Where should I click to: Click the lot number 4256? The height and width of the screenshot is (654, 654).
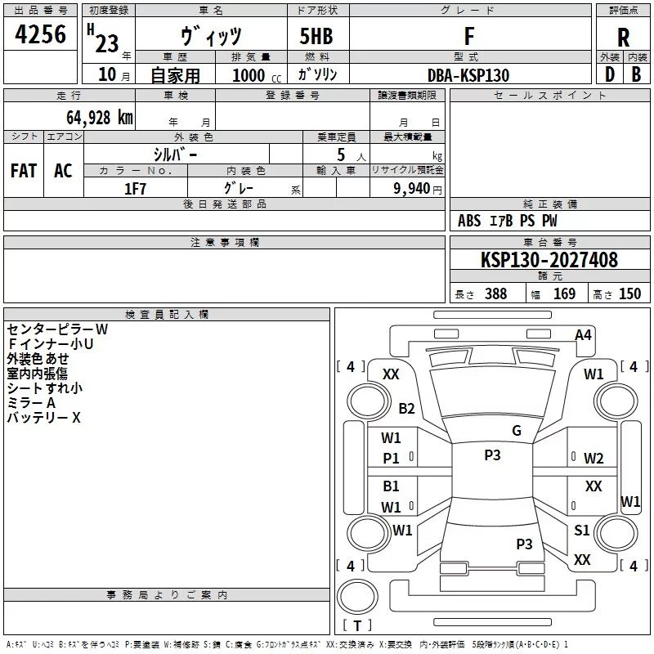(x=40, y=34)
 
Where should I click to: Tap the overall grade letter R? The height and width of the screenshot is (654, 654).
(x=623, y=38)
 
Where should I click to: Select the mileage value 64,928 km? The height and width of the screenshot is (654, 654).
(x=100, y=118)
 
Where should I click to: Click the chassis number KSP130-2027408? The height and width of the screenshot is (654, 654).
(x=549, y=260)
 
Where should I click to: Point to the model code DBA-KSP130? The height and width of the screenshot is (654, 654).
(x=468, y=75)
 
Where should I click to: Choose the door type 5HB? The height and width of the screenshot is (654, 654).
(x=316, y=36)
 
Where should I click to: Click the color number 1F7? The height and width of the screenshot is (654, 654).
(x=135, y=189)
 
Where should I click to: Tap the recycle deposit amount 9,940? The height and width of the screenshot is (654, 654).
(x=412, y=189)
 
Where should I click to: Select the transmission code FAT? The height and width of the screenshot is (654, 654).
(x=24, y=171)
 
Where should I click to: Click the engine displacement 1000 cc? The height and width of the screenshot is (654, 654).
(x=257, y=75)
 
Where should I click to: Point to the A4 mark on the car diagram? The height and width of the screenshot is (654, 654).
(x=583, y=335)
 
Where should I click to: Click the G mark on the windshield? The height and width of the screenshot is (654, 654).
(x=517, y=430)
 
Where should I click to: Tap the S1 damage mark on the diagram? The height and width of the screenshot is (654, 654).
(x=581, y=530)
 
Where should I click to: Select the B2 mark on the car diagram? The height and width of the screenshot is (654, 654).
(x=406, y=408)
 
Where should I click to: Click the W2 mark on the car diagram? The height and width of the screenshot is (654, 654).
(x=594, y=459)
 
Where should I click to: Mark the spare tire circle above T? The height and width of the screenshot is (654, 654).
(x=357, y=597)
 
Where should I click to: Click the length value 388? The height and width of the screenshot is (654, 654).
(x=496, y=293)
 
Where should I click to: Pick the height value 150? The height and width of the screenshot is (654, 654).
(x=629, y=293)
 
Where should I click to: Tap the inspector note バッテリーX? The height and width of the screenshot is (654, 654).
(x=43, y=418)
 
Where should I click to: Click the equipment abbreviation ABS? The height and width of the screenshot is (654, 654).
(x=469, y=221)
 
